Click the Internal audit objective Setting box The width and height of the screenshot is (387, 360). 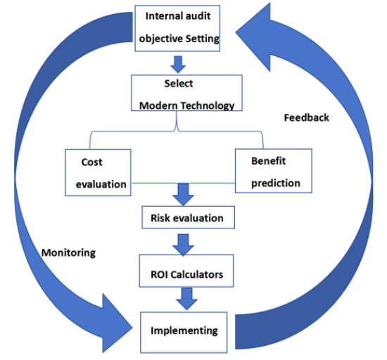click(177, 28)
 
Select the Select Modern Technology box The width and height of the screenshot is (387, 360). click(186, 93)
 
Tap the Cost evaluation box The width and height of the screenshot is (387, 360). click(98, 172)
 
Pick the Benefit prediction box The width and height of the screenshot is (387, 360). click(274, 171)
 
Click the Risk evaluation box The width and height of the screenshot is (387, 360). click(188, 217)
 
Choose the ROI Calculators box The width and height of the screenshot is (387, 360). click(186, 271)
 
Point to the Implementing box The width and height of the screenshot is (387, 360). click(184, 333)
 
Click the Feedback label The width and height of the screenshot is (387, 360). click(307, 117)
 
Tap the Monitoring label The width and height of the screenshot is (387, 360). click(69, 253)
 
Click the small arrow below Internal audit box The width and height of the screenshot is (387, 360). click(178, 65)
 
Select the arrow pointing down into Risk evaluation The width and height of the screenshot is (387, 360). click(183, 195)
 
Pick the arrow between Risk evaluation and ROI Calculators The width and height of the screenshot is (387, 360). click(183, 245)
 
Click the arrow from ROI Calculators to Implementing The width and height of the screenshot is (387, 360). click(186, 299)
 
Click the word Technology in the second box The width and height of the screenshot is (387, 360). click(208, 105)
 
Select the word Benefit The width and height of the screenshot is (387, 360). click(269, 161)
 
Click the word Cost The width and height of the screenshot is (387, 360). click(91, 162)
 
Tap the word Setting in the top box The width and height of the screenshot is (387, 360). click(202, 39)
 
